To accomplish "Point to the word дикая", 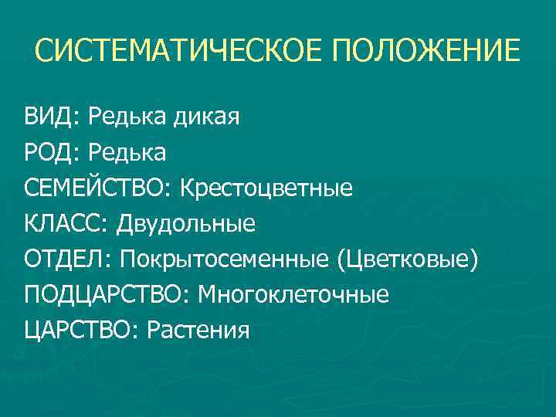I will pyautogui.click(x=208, y=117).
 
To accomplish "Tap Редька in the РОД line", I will pyautogui.click(x=127, y=153).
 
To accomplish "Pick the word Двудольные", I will pyautogui.click(x=186, y=224).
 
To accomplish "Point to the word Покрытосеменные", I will pyautogui.click(x=224, y=259).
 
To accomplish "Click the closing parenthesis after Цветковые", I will pyautogui.click(x=474, y=260).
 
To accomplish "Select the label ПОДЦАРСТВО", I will pyautogui.click(x=105, y=295).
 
